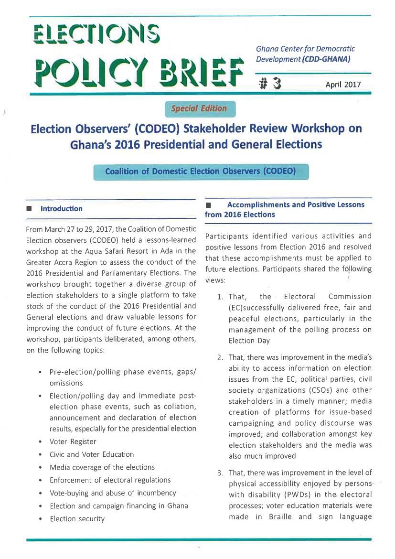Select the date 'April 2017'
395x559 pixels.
click(343, 86)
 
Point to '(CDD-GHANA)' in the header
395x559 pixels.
click(329, 60)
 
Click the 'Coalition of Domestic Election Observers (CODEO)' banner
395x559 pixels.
click(201, 172)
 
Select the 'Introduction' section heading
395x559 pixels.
click(61, 209)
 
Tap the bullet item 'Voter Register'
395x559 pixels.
click(73, 441)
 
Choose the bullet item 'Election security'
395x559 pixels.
click(77, 518)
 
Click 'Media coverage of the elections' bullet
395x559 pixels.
click(102, 467)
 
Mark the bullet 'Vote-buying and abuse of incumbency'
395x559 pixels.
click(113, 493)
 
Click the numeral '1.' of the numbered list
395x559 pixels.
click(220, 297)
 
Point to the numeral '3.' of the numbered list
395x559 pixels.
click(220, 473)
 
